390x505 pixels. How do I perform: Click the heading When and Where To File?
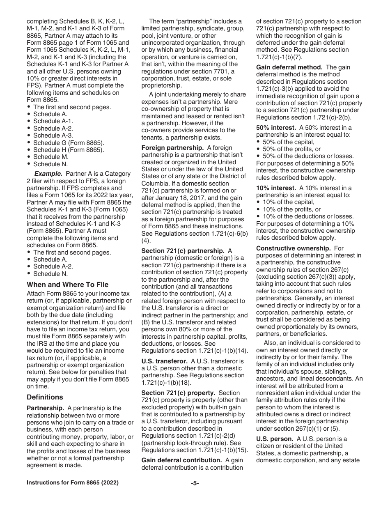[68, 285]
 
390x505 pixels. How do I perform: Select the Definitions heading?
[45, 397]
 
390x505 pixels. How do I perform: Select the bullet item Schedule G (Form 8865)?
[69, 142]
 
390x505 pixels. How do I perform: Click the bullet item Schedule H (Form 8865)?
[69, 149]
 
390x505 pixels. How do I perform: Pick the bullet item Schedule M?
[51, 157]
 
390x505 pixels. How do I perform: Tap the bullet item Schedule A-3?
[53, 135]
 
